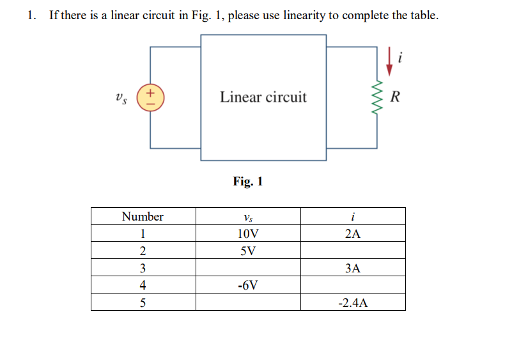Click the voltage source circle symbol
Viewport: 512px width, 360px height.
tap(151, 98)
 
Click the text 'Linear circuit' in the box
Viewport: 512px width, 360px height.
tap(263, 97)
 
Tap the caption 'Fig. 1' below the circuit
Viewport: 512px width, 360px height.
tap(248, 182)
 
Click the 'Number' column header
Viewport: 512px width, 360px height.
tap(143, 216)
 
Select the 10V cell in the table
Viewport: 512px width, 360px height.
tap(248, 233)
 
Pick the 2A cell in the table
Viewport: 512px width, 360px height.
tap(352, 233)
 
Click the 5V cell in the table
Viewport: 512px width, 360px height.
tap(248, 251)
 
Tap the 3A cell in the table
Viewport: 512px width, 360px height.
tap(352, 268)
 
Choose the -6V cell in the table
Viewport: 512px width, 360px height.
tap(248, 285)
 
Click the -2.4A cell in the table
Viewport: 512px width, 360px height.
tap(352, 302)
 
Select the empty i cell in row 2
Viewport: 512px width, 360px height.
tap(352, 251)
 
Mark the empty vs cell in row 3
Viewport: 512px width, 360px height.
tap(248, 268)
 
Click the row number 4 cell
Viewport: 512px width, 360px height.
tap(143, 285)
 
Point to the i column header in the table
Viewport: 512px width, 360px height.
tap(352, 216)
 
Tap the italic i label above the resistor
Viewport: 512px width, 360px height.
tap(400, 59)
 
